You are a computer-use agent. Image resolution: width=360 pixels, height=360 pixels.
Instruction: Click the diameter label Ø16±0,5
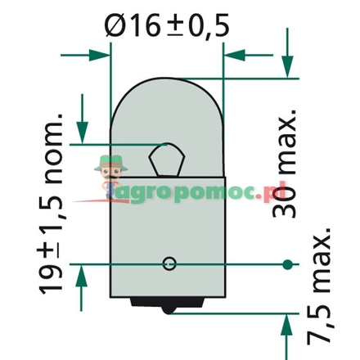click(x=168, y=27)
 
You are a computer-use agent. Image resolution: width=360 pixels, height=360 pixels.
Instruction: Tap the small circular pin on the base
click(x=169, y=263)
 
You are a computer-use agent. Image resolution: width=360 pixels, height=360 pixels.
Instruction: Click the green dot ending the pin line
click(x=286, y=264)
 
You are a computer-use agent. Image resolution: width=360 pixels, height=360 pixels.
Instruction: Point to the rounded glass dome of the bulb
click(x=168, y=106)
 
